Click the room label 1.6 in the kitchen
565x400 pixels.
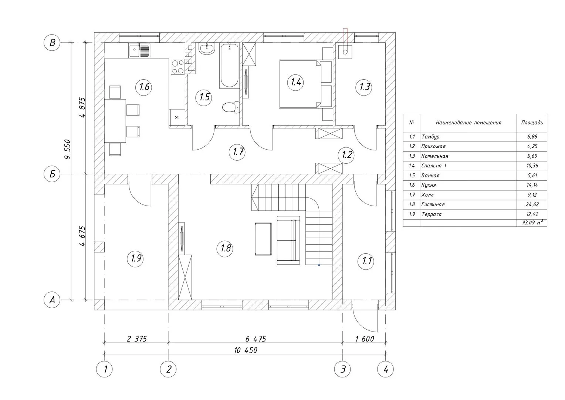[x=144, y=87]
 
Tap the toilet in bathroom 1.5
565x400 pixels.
[x=231, y=107]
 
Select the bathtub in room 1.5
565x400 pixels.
[x=229, y=66]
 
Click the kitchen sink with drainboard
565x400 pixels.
[x=139, y=50]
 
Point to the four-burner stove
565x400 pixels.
[x=177, y=67]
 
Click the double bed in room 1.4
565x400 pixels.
[x=300, y=84]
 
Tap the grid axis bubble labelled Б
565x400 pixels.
[x=52, y=174]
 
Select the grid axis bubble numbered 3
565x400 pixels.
[x=342, y=369]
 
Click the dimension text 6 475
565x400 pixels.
[x=256, y=339]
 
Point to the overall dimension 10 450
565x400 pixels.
[x=246, y=350]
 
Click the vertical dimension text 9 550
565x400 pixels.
[x=68, y=149]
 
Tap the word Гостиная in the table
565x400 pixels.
[x=433, y=204]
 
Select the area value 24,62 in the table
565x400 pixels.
[x=532, y=204]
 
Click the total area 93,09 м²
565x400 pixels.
[x=533, y=223]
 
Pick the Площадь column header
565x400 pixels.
[x=532, y=123]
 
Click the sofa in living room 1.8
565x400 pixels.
[x=288, y=240]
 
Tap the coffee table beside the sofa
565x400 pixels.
[x=263, y=239]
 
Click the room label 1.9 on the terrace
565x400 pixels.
[x=136, y=259]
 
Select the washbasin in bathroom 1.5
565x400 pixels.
[x=207, y=49]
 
